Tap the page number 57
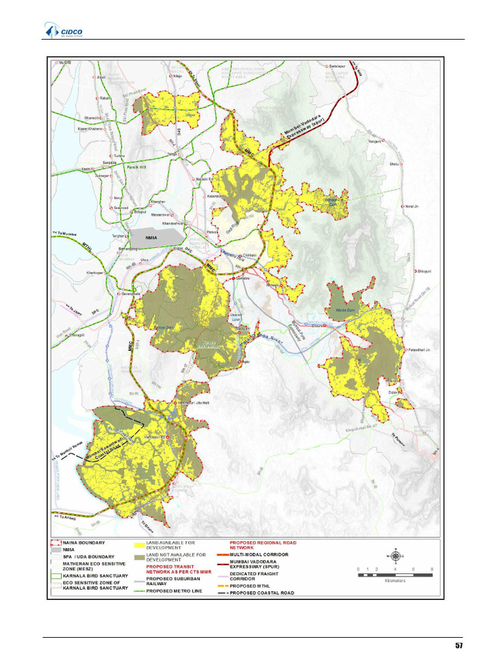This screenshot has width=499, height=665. point(459,646)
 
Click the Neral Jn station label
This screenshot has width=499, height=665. point(411,206)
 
